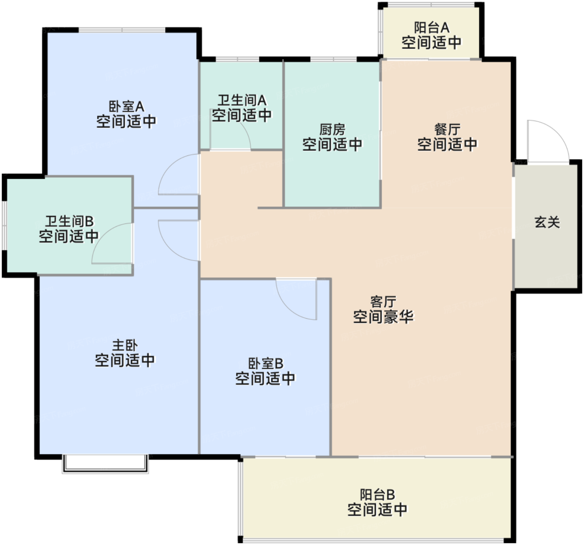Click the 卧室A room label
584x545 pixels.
[x=126, y=107]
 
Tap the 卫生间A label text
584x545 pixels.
[x=242, y=100]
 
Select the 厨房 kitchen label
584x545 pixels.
[x=332, y=130]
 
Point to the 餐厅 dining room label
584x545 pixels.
[x=447, y=129]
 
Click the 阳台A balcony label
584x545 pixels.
[x=431, y=27]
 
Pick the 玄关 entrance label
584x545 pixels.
[x=547, y=222]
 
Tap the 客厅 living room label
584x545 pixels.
[x=383, y=302]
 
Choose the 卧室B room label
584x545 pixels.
[x=265, y=363]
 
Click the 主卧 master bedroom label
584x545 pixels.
[x=125, y=345]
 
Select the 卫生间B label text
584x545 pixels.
[x=69, y=221]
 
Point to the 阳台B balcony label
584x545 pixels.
[x=377, y=495]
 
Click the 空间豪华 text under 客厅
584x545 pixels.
[x=383, y=317]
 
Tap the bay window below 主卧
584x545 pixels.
[x=105, y=464]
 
